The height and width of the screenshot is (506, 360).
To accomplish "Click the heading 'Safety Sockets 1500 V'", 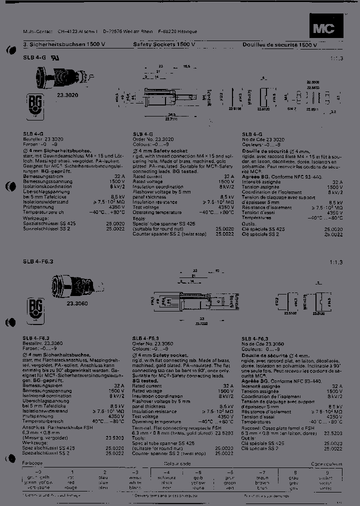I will pos(164,44).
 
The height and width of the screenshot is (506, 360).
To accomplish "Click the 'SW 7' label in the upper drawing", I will pos(292,107).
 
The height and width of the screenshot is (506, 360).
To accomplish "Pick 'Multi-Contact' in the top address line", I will pos(38,31).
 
